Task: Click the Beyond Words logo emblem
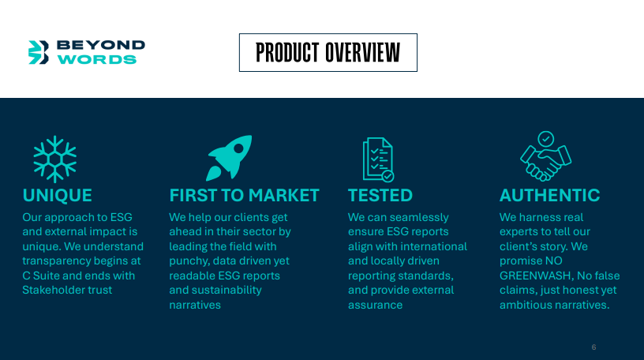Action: coord(39,52)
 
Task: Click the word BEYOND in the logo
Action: coord(101,45)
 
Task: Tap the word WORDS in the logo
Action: coord(97,59)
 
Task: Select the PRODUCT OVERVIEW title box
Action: coord(328,53)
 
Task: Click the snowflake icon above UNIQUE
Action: coord(55,159)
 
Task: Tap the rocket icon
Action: coord(229,158)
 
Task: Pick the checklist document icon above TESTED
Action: coord(378,159)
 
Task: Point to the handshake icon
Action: coord(546,156)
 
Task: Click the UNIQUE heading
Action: coord(57,196)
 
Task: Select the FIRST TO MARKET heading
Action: coord(245,196)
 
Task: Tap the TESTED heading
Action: coord(380,196)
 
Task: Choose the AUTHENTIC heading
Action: coord(550,196)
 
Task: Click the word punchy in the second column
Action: coord(188,261)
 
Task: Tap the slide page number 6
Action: coord(594,347)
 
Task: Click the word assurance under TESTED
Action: coord(376,305)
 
